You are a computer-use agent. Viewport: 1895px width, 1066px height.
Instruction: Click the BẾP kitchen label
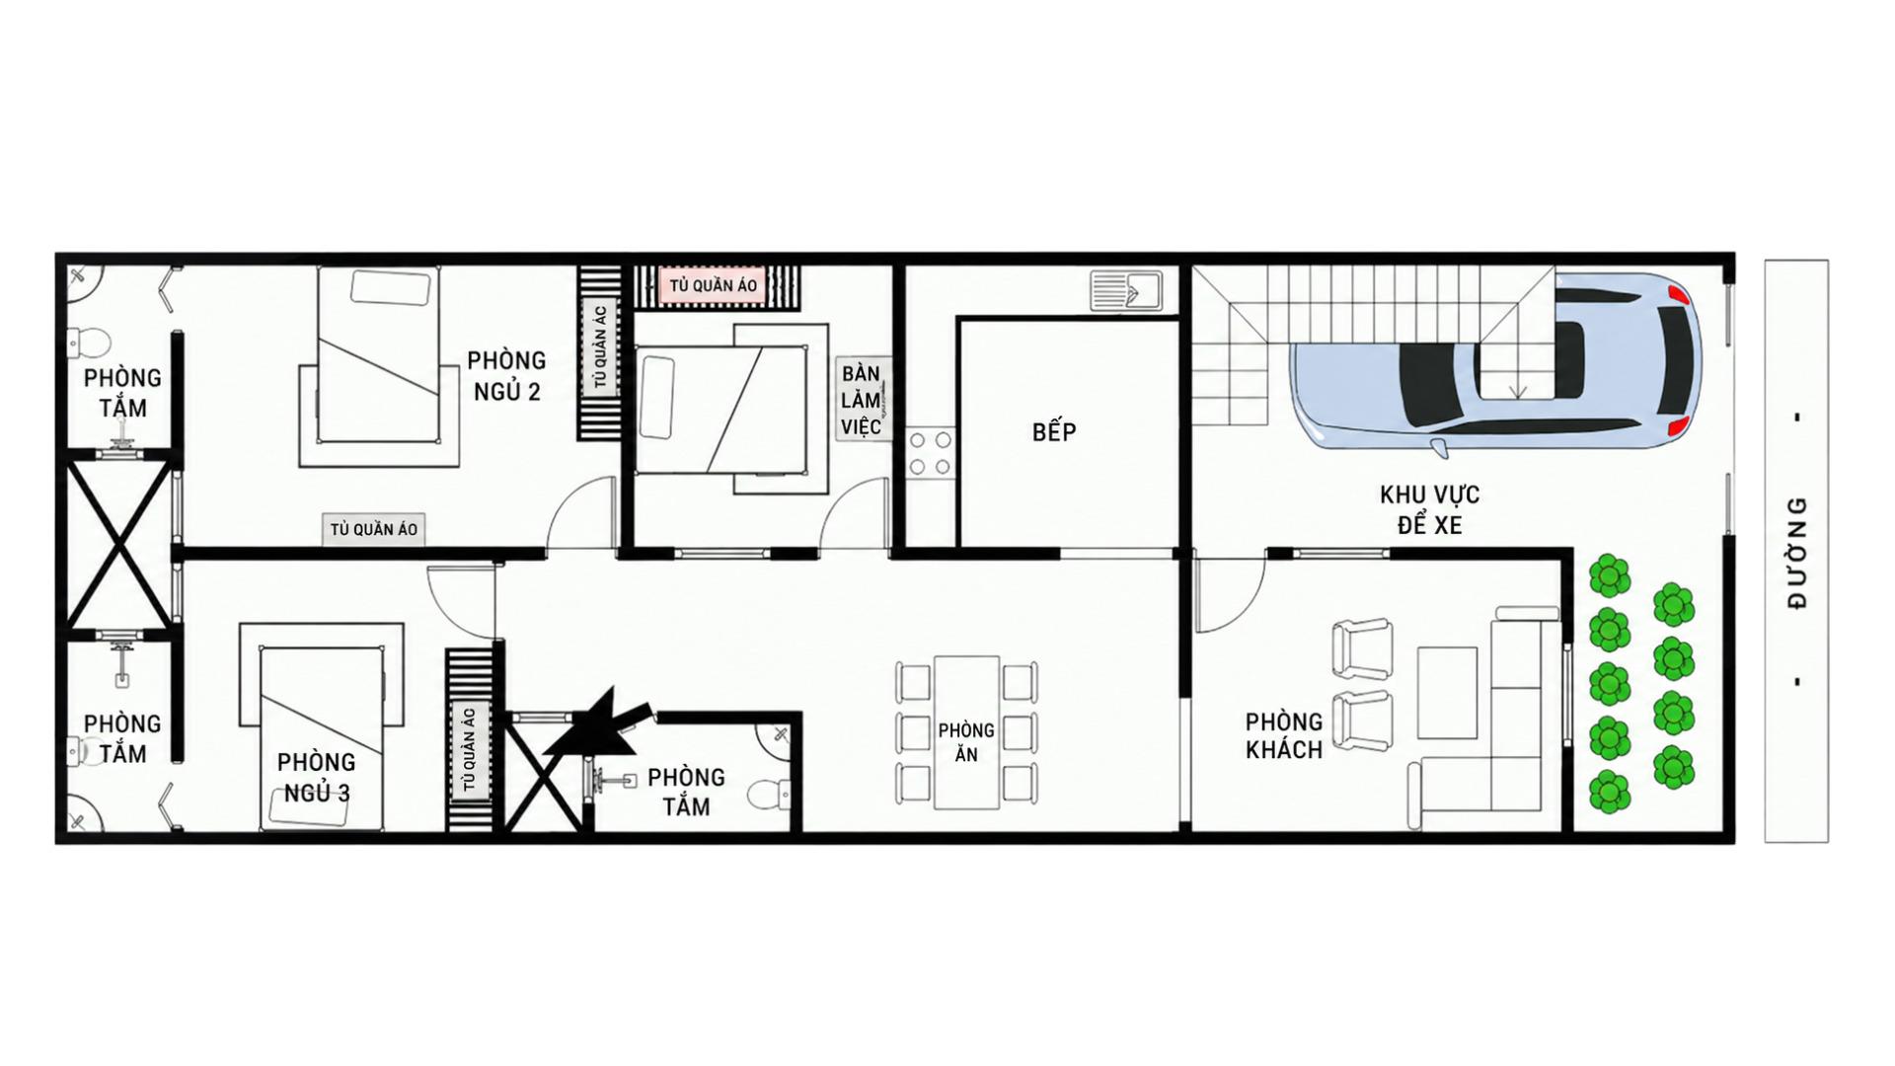pyautogui.click(x=1054, y=431)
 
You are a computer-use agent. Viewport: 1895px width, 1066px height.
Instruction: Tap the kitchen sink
pyautogui.click(x=1126, y=291)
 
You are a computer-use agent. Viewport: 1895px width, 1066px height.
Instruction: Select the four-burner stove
pyautogui.click(x=930, y=453)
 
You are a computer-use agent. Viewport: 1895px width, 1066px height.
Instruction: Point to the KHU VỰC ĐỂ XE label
pyautogui.click(x=1429, y=509)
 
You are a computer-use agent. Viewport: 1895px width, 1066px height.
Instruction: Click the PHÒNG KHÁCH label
pyautogui.click(x=1283, y=735)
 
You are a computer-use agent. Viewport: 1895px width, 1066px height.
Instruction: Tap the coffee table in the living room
pyautogui.click(x=1447, y=693)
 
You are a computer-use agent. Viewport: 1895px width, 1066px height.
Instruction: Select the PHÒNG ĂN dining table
pyautogui.click(x=966, y=731)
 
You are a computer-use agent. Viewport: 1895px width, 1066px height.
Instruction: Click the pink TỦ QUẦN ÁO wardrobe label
pyautogui.click(x=713, y=286)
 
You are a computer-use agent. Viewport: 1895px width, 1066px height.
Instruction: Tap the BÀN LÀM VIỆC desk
pyautogui.click(x=863, y=399)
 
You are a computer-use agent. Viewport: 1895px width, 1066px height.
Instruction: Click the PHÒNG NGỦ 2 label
pyautogui.click(x=506, y=376)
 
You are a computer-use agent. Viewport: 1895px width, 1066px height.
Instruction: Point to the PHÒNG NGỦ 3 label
pyautogui.click(x=316, y=777)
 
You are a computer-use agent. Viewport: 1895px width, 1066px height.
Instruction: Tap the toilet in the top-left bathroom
pyautogui.click(x=89, y=342)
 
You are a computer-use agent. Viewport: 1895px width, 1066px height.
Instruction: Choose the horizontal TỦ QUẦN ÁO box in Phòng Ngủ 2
pyautogui.click(x=373, y=529)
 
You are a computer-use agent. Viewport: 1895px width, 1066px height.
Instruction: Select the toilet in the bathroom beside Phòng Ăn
pyautogui.click(x=771, y=795)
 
